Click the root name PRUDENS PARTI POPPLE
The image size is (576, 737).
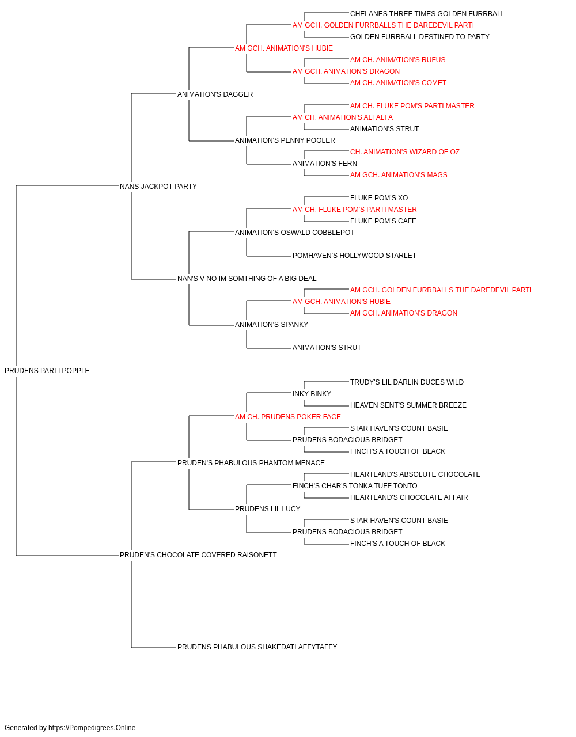47,371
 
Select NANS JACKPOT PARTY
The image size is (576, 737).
158,186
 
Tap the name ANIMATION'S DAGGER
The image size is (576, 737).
215,94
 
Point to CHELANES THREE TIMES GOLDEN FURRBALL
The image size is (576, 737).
427,14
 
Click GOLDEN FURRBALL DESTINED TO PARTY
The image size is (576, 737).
420,37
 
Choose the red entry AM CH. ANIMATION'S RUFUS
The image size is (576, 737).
397,60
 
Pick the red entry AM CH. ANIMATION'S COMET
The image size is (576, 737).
398,83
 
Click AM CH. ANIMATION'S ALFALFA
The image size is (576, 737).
343,117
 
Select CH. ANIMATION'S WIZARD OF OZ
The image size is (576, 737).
405,152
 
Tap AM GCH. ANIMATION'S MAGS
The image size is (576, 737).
399,175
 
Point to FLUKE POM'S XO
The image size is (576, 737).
379,198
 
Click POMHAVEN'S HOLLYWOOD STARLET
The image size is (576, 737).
354,256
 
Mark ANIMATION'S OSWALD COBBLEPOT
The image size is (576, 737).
294,232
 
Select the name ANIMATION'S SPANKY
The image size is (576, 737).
271,325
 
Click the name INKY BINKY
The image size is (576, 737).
312,394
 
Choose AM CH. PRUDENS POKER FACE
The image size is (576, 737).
287,417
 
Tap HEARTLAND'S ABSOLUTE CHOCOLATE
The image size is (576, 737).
415,474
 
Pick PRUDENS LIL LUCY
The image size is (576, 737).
267,509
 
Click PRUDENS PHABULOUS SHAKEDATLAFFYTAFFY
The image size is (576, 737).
257,647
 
